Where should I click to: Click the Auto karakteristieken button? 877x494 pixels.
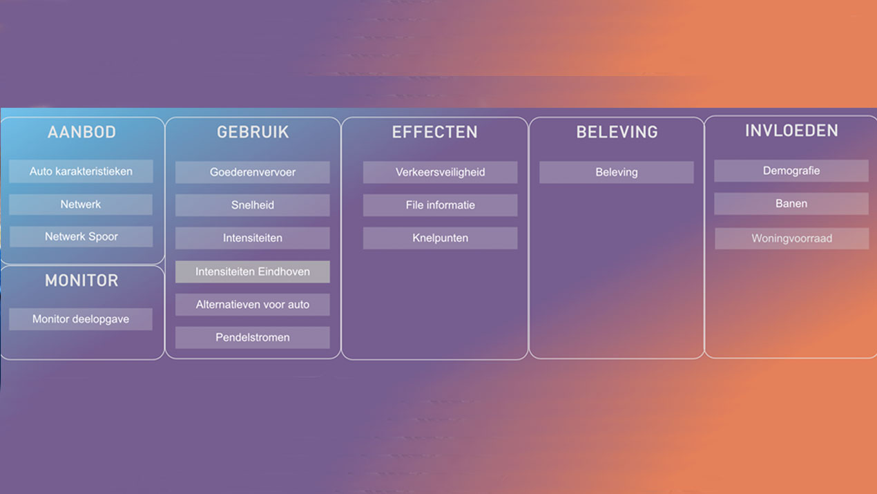[x=81, y=171]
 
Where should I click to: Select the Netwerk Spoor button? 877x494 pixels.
[x=81, y=236]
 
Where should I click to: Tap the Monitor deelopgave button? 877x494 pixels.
[x=81, y=319]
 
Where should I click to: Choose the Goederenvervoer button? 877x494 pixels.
[x=253, y=172]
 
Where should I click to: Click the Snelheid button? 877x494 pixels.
[x=253, y=205]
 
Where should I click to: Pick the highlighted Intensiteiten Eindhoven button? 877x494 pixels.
[x=253, y=272]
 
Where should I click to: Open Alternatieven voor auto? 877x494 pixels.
[x=253, y=305]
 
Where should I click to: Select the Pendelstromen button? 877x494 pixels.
[x=253, y=337]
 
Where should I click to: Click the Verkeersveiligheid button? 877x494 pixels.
[x=440, y=172]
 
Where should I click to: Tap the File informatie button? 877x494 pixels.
[x=440, y=205]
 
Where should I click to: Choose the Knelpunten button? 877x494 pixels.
[x=440, y=238]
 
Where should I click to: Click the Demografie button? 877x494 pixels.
[x=791, y=171]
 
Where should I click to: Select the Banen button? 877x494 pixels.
[x=791, y=203]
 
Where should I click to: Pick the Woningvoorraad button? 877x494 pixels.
[x=791, y=238]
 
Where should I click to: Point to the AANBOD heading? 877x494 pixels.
[x=81, y=132]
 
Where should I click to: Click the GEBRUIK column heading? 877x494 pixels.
[x=253, y=132]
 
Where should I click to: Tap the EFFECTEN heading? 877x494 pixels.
[x=435, y=132]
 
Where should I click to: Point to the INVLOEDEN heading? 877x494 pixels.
[x=791, y=131]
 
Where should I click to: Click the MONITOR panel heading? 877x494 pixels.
[x=81, y=281]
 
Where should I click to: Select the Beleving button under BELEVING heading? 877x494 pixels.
[x=617, y=172]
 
